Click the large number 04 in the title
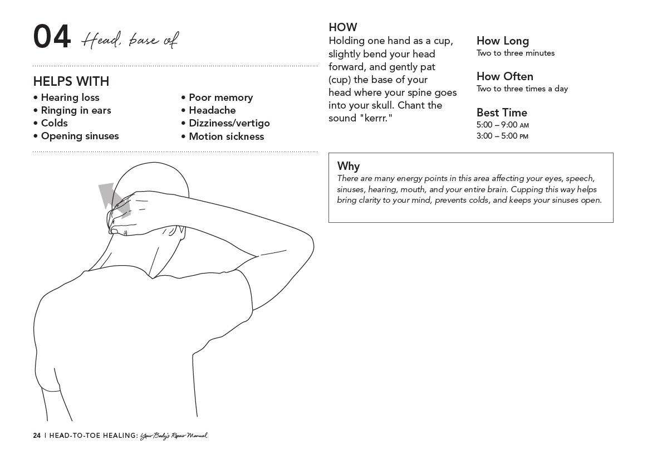click(x=52, y=37)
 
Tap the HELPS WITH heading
click(x=71, y=81)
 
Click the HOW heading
click(x=343, y=27)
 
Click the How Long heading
click(x=503, y=41)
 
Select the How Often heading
click(x=505, y=76)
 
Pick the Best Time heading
click(x=502, y=113)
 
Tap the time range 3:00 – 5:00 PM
click(x=502, y=136)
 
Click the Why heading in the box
click(x=349, y=166)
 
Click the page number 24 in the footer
click(x=37, y=436)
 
